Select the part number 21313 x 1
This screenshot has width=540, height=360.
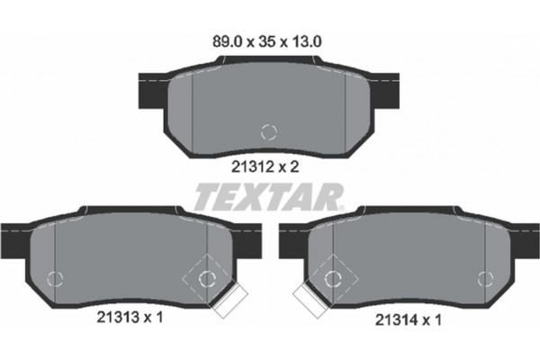click(128, 317)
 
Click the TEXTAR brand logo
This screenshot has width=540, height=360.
click(268, 193)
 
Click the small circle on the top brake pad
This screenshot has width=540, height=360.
click(267, 131)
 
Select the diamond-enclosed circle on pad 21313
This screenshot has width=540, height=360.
click(206, 276)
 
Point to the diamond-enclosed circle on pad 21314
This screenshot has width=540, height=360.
click(333, 276)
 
